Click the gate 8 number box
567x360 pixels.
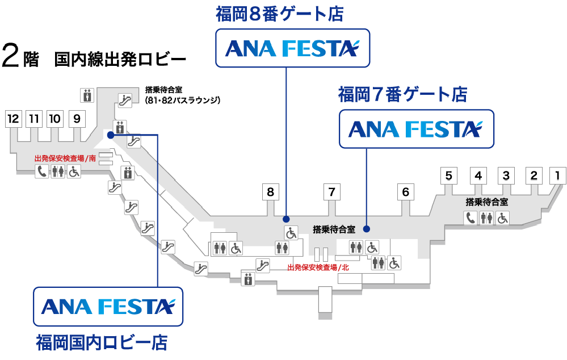(x=270, y=192)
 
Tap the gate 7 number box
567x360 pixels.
(x=331, y=192)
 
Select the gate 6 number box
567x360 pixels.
(x=405, y=192)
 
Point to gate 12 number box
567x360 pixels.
(x=13, y=119)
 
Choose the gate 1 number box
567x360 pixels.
(x=557, y=175)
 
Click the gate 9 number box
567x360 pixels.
(x=77, y=119)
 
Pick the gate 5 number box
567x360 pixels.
(x=448, y=175)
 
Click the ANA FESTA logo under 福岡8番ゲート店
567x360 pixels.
(x=292, y=48)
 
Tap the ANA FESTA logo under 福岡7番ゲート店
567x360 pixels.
(x=415, y=129)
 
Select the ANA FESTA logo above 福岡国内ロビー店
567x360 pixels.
(x=108, y=306)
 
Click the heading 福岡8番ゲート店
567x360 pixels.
(x=280, y=14)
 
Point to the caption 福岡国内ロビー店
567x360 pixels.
(x=102, y=343)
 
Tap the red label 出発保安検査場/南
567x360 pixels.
(x=65, y=158)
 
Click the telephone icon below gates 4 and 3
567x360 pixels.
(x=471, y=217)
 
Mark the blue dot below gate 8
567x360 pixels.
(x=286, y=219)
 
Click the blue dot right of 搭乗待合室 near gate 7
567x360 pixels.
(x=367, y=229)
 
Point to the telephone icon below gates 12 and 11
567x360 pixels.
(x=42, y=171)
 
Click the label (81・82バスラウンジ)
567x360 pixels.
(x=182, y=101)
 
